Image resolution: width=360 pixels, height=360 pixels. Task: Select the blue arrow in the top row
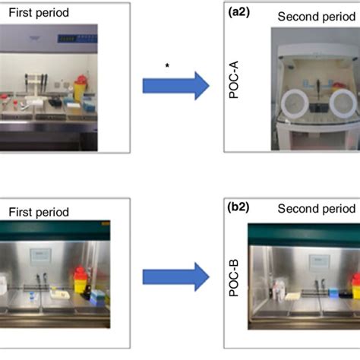[x=176, y=87]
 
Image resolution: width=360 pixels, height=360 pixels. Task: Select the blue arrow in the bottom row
[x=176, y=276]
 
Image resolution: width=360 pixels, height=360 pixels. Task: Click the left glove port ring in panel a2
[x=290, y=103]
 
